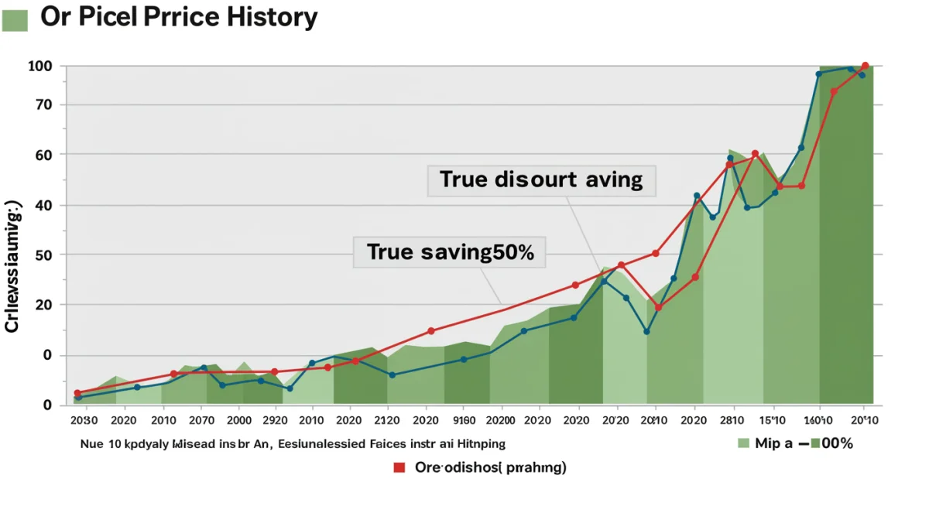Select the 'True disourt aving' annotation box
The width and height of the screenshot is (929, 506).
541,180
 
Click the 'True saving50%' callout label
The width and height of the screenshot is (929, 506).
450,252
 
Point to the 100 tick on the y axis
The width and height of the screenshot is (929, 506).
39,66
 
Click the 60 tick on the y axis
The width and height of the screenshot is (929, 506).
42,155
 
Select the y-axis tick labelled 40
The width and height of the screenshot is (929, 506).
42,205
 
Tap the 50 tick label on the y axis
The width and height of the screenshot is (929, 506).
42,255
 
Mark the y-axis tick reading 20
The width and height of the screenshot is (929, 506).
42,305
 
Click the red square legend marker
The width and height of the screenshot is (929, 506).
399,467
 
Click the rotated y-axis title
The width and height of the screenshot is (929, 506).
12,267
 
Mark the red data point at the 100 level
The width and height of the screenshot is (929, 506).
865,66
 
